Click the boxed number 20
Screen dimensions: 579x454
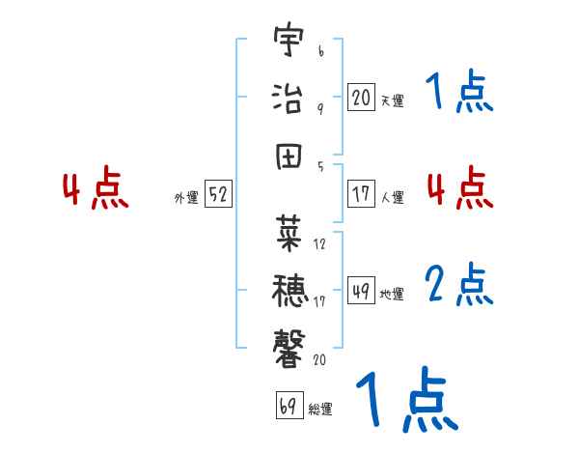(361, 97)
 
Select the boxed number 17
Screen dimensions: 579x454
(361, 193)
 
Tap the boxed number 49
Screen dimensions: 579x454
(361, 291)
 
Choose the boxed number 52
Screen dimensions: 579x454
(219, 194)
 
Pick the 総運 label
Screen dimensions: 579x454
(320, 409)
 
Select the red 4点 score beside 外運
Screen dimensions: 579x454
(96, 190)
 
